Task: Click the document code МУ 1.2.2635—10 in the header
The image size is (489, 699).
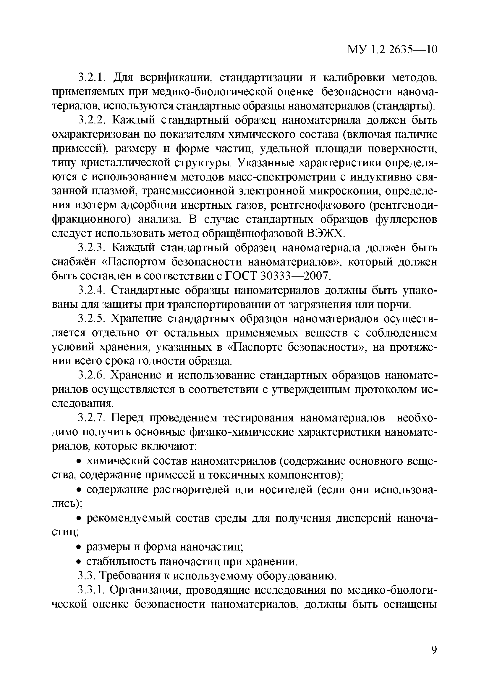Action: (x=392, y=50)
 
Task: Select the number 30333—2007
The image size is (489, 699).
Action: (x=295, y=276)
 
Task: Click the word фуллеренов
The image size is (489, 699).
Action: (x=406, y=219)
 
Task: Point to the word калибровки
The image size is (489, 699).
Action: (x=353, y=78)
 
